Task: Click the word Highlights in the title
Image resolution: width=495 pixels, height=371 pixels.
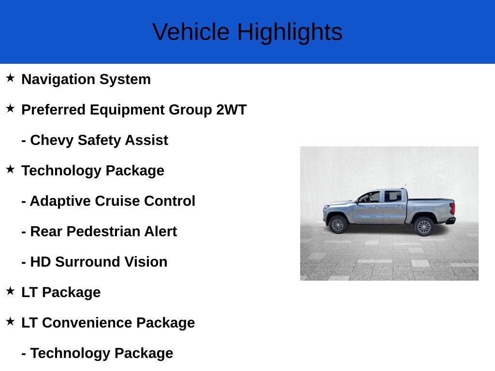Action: (290, 32)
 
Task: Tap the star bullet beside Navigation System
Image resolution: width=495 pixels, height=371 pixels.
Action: (10, 78)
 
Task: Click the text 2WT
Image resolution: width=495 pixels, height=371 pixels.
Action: (231, 110)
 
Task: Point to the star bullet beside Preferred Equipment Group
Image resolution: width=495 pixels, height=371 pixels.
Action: (10, 108)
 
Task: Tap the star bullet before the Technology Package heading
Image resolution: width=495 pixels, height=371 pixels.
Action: (10, 169)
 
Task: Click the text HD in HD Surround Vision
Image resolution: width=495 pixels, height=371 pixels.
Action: (40, 262)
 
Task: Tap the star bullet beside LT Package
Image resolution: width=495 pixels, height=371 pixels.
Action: (10, 291)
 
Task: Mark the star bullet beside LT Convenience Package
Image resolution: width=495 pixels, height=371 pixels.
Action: (10, 321)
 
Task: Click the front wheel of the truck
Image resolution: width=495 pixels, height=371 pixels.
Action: (337, 225)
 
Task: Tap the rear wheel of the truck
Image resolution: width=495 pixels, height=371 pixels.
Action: (424, 226)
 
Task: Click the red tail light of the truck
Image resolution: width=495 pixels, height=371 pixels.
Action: (452, 209)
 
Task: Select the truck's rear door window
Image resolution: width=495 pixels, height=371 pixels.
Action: (393, 196)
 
